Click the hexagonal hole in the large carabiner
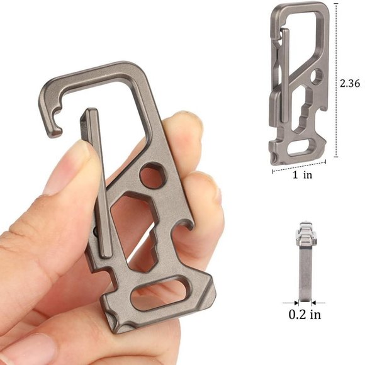152,176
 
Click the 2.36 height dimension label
350,82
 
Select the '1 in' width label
302,175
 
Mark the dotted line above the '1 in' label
300,166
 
